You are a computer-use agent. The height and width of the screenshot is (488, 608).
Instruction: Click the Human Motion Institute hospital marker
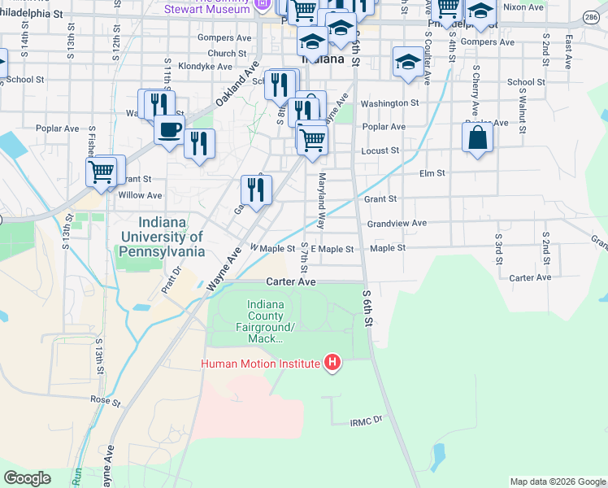pyautogui.click(x=332, y=363)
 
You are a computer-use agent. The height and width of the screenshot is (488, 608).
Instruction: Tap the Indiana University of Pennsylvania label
pyautogui.click(x=163, y=237)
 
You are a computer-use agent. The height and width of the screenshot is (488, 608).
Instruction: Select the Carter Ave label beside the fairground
pyautogui.click(x=290, y=281)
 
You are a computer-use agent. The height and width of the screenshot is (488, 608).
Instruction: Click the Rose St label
pyautogui.click(x=105, y=401)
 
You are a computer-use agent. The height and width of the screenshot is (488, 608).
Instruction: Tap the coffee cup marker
pyautogui.click(x=169, y=130)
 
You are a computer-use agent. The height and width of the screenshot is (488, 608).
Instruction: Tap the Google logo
pyautogui.click(x=27, y=478)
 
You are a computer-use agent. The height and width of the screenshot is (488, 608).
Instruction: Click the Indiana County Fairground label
pyautogui.click(x=266, y=321)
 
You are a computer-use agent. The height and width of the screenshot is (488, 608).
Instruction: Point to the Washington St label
pyautogui.click(x=389, y=103)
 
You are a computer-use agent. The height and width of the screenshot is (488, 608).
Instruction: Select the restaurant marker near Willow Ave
pyautogui.click(x=256, y=190)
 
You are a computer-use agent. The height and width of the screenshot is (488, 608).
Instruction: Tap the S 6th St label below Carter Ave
pyautogui.click(x=367, y=309)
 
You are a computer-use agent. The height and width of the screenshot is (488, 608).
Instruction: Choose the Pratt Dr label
pyautogui.click(x=168, y=282)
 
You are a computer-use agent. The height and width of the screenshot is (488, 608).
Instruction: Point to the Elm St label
pyautogui.click(x=432, y=173)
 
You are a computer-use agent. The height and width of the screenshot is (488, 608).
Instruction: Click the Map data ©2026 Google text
pyautogui.click(x=557, y=481)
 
